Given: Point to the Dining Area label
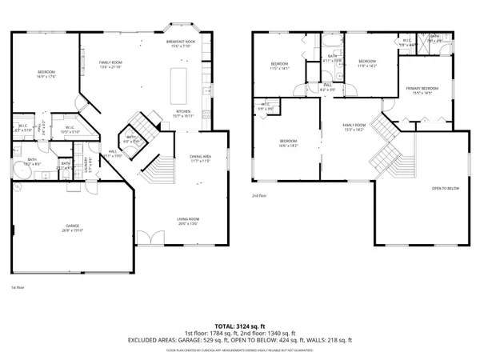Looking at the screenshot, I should click(201, 159).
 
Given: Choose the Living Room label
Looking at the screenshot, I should click(188, 220).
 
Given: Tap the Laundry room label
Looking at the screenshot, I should click(82, 162).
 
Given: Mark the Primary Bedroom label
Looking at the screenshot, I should click(422, 90).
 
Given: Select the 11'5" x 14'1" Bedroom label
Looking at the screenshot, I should click(278, 66).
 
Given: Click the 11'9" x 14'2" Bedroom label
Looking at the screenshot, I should click(366, 63).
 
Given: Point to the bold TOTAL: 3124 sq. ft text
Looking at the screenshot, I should click(239, 326).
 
